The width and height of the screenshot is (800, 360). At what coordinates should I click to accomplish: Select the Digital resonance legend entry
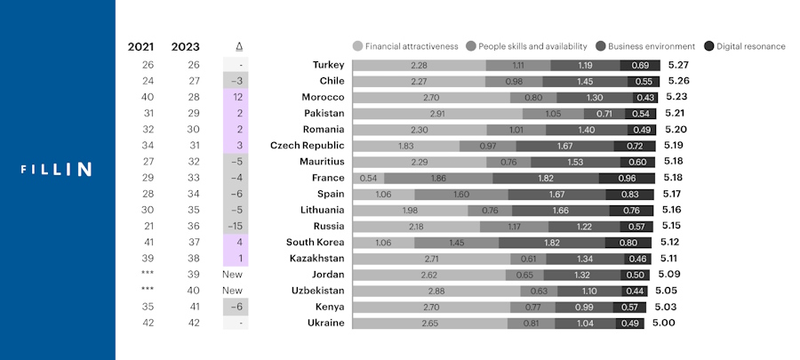(x=745, y=46)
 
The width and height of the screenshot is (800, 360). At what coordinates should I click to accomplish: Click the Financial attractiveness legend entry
(x=405, y=46)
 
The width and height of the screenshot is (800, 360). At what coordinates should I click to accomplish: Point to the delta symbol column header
(x=237, y=47)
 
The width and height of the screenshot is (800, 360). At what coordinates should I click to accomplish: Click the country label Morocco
(x=323, y=97)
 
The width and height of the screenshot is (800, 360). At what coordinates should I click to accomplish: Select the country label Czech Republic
(x=308, y=145)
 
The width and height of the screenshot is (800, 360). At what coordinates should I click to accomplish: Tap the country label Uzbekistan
(x=317, y=290)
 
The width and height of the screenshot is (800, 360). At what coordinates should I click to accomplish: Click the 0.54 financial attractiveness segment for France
(x=368, y=178)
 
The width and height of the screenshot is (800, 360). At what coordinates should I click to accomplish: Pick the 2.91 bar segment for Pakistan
(x=436, y=114)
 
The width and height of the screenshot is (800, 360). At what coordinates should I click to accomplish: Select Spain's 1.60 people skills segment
(x=461, y=194)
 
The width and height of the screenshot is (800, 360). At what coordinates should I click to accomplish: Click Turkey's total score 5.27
(x=678, y=65)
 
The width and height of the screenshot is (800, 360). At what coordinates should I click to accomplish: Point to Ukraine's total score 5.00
(x=663, y=323)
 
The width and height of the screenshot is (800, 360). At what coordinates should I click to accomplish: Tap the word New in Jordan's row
(x=233, y=274)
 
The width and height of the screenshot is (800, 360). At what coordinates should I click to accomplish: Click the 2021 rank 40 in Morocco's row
(x=148, y=97)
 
